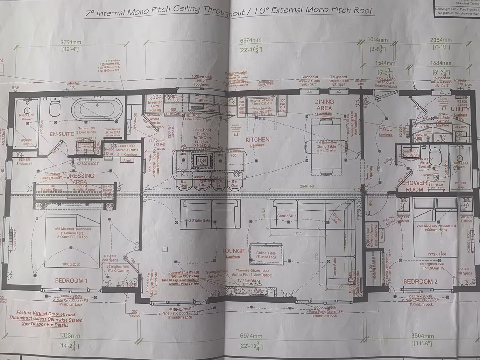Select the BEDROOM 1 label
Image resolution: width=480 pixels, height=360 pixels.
pos(71,281)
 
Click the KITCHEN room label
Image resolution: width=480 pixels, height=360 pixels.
pos(257,139)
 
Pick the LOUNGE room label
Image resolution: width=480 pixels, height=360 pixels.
pos(234,251)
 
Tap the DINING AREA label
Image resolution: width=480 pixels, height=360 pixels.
pos(324,105)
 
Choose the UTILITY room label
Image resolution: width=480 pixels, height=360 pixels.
pos(461,109)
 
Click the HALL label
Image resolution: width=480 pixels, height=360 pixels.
pos(385,128)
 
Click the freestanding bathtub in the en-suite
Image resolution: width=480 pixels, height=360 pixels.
pos(97,109)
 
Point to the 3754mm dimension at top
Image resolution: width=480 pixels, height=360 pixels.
pos(71,42)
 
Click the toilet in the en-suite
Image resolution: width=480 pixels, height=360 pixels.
pos(55,107)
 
